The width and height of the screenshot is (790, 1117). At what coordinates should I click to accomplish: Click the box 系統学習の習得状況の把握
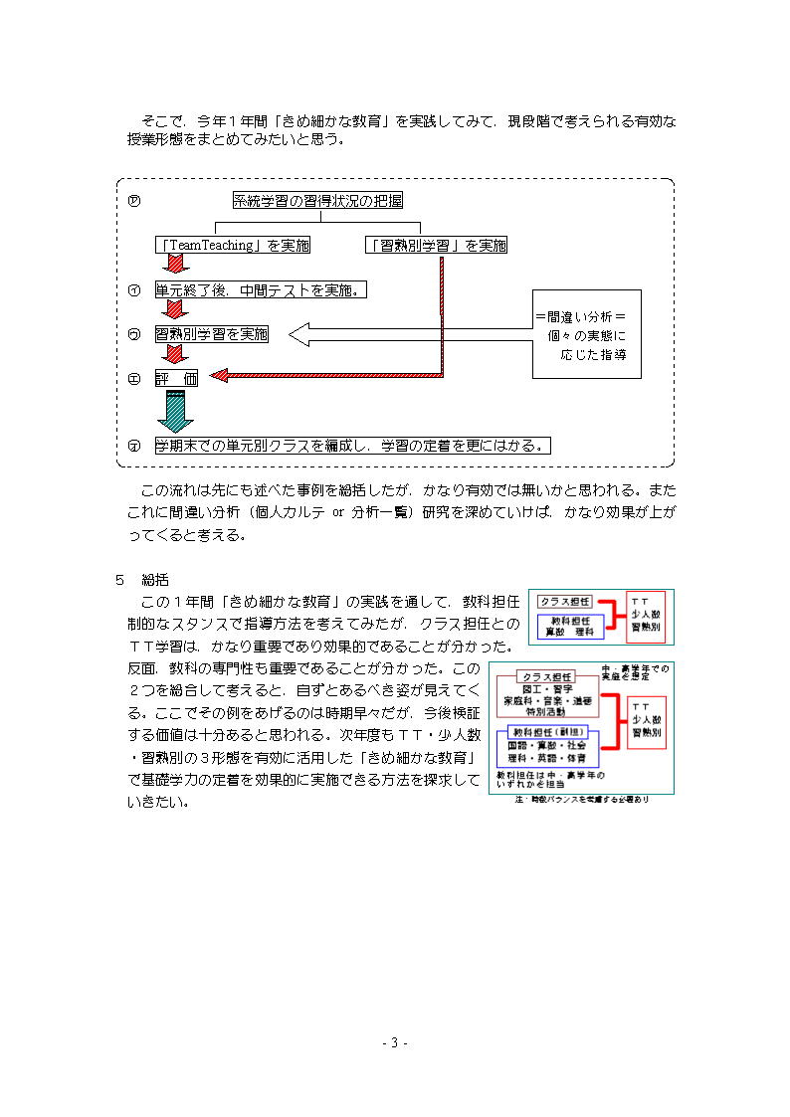point(317,201)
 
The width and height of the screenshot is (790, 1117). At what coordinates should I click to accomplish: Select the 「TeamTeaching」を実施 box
point(233,245)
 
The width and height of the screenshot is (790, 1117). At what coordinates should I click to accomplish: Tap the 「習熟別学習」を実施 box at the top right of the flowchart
point(435,245)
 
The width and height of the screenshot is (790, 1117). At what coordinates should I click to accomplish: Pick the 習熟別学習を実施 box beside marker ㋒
point(211,334)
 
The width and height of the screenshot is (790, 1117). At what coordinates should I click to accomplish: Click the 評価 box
point(176,378)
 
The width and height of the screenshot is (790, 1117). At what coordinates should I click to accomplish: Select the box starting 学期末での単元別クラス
point(352,445)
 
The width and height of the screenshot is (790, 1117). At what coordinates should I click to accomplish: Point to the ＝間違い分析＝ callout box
point(586,334)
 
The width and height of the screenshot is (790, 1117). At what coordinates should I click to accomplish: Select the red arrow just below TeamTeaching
point(176,264)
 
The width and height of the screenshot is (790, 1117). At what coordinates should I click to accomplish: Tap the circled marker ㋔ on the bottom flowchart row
point(133,446)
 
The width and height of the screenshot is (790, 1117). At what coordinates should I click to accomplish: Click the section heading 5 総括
point(142,578)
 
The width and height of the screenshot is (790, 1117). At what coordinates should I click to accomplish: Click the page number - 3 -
point(395,1042)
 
